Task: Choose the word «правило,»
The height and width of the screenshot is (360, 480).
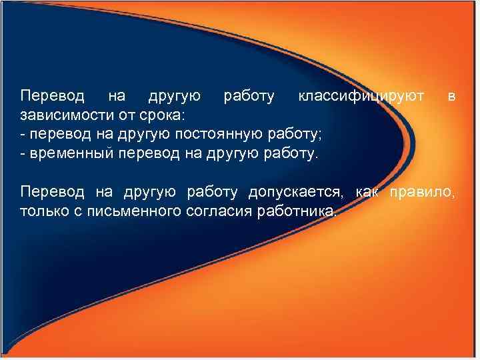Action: pos(425,193)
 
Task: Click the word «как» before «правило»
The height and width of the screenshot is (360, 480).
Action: pos(367,193)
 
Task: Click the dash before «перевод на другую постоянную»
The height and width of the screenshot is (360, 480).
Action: pos(23,135)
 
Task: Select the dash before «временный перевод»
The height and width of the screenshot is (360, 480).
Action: pos(23,155)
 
